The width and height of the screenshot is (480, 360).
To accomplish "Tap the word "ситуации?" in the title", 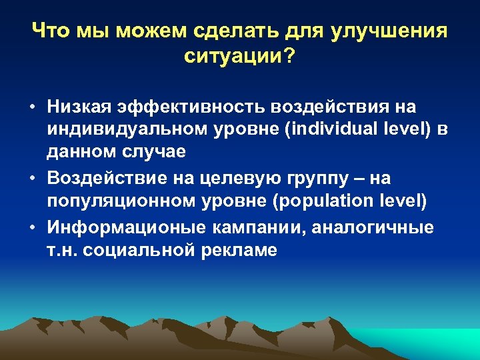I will pos(239,56).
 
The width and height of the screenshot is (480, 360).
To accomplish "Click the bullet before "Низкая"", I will pos(32,107).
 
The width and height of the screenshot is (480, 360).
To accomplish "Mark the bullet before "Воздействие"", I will pos(32,179).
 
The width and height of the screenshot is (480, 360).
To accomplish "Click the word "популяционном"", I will pos(121,201).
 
